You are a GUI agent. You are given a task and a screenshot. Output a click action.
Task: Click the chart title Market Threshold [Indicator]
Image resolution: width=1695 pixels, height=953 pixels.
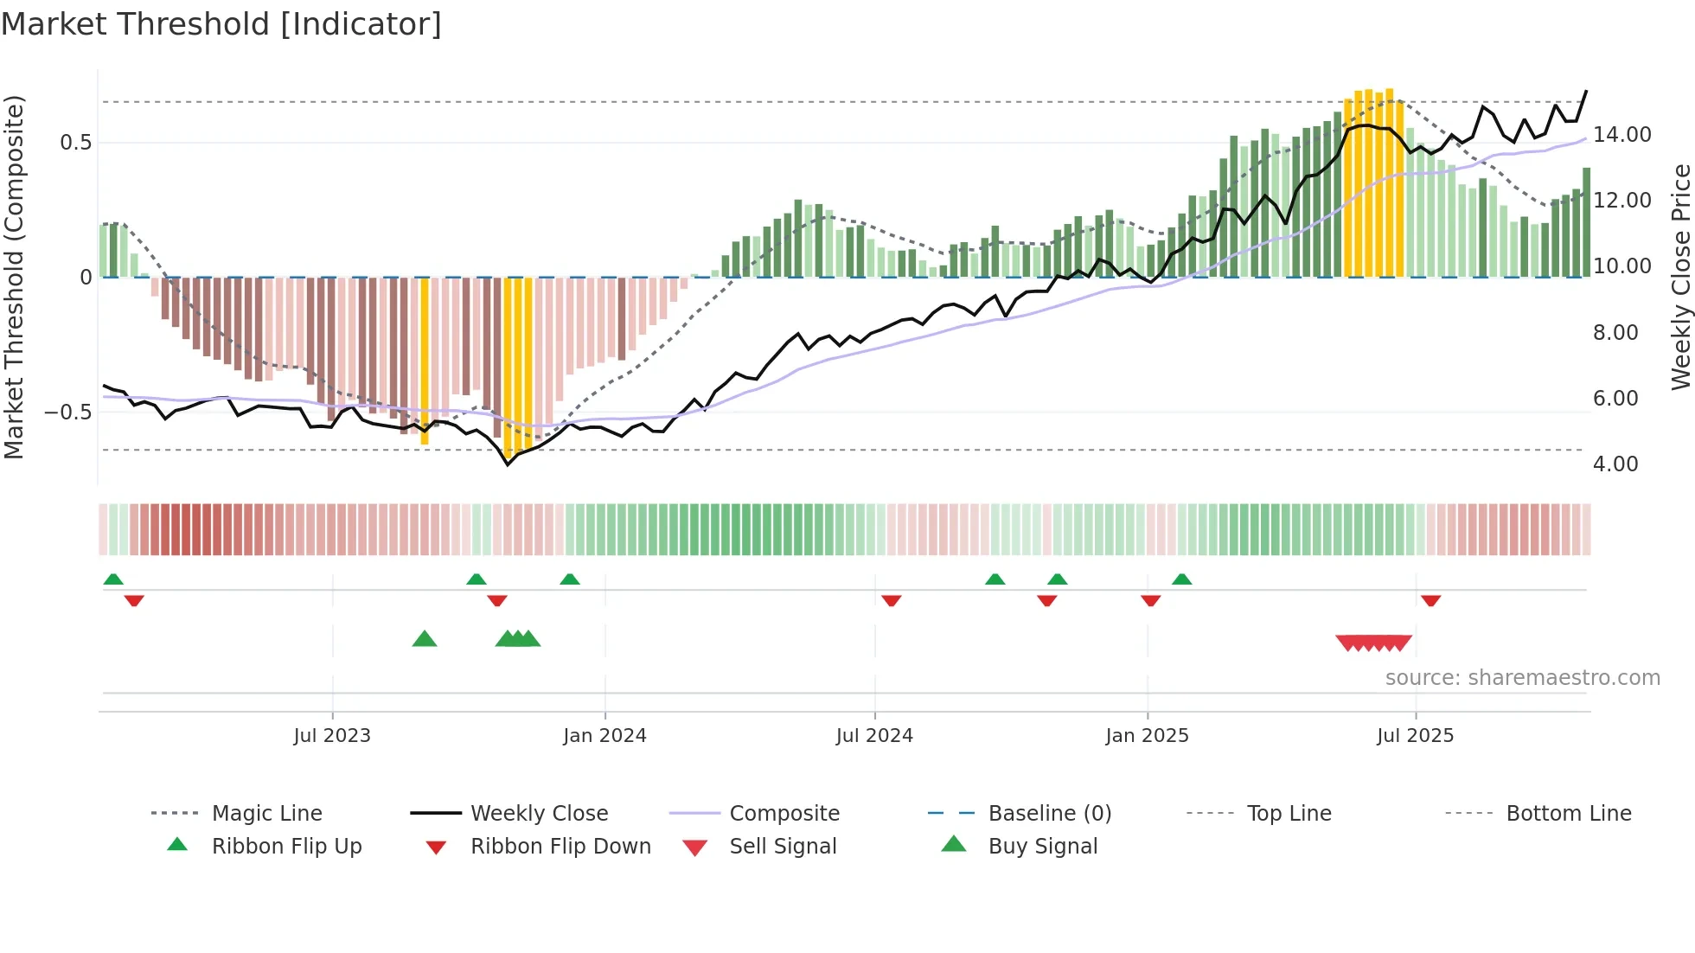(221, 24)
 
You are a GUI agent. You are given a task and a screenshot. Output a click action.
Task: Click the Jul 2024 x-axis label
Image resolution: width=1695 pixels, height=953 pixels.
(874, 736)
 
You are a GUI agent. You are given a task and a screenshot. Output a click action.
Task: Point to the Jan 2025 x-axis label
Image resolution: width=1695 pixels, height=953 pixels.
(1147, 736)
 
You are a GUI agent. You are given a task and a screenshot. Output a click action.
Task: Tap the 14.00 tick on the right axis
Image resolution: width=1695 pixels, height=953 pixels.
(1621, 135)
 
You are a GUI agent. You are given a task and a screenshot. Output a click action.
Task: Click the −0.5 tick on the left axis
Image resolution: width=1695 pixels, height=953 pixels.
(67, 413)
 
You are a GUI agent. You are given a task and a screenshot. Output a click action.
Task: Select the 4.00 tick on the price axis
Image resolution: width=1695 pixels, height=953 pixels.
(1615, 464)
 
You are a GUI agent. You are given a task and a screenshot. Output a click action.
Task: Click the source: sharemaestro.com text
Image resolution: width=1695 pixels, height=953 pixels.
(1522, 678)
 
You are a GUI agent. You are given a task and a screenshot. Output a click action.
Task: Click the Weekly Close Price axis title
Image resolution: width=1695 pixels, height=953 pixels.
(1680, 277)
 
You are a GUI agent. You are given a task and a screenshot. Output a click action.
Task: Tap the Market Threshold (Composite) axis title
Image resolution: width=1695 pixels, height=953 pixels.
(14, 277)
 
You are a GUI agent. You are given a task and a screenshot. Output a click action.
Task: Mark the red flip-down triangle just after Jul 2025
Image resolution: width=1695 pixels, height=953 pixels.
(1430, 600)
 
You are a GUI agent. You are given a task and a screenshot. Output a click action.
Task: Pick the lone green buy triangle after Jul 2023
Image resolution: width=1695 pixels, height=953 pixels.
(425, 639)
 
